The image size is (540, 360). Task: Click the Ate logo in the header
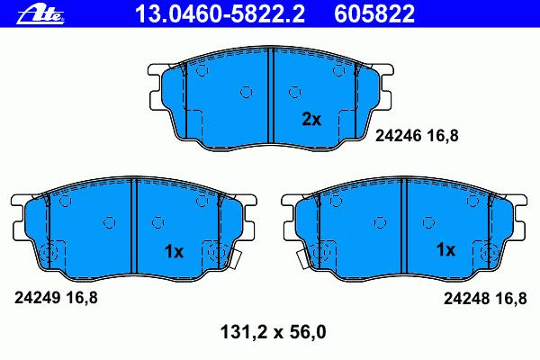pos(40,14)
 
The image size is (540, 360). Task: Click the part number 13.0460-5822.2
pos(220,14)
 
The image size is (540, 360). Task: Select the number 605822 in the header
pos(374,14)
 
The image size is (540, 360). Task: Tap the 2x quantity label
pos(311,119)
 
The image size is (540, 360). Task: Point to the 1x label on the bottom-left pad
pos(175,252)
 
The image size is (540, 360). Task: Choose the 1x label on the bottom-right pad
pos(446,249)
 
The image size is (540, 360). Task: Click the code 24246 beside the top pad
pos(398,136)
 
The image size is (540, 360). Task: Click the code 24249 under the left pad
pos(38,298)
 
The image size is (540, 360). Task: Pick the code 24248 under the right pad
pos(466,298)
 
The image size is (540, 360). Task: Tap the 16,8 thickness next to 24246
pos(443,136)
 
